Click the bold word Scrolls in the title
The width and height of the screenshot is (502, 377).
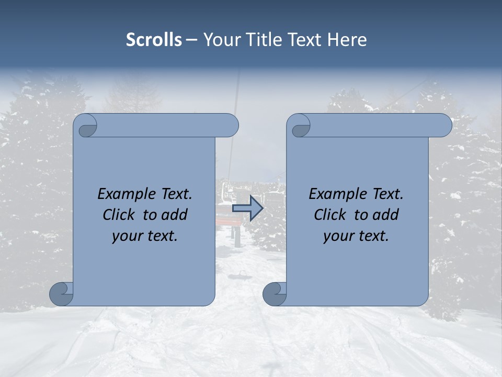tap(154, 40)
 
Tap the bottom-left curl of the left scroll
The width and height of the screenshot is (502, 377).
tap(62, 293)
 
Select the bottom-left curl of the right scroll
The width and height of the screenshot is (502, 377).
tap(275, 293)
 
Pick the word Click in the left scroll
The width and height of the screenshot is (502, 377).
tap(119, 215)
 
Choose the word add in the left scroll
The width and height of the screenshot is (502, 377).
tap(175, 215)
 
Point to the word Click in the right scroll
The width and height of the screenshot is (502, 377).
tap(330, 215)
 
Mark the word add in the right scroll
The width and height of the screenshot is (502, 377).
tap(386, 215)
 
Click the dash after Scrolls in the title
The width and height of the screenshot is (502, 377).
tap(191, 40)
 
